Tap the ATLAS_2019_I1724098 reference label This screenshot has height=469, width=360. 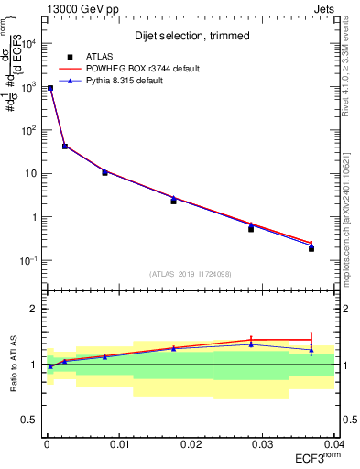(191, 274)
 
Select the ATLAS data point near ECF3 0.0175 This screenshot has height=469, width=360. (173, 201)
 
